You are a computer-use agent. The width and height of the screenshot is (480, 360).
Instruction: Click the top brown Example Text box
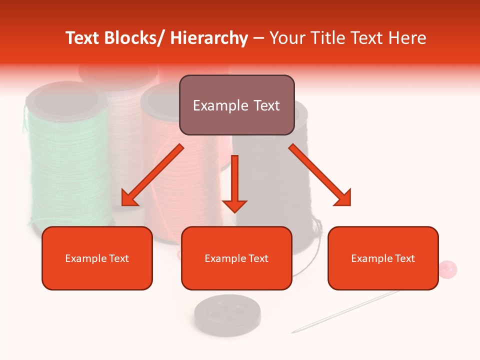point(236,105)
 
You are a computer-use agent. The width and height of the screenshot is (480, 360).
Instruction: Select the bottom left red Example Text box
point(97,258)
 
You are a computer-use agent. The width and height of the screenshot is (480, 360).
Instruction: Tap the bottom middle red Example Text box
point(236,258)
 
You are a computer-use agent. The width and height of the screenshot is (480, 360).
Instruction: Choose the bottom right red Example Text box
point(383,258)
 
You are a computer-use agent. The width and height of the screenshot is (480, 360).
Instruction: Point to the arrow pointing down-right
point(320,175)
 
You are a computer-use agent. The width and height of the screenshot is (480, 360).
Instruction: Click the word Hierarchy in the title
point(208,38)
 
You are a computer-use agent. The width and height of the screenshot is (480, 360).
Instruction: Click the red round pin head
point(447,269)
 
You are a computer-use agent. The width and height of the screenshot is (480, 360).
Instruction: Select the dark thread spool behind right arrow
point(280,200)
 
